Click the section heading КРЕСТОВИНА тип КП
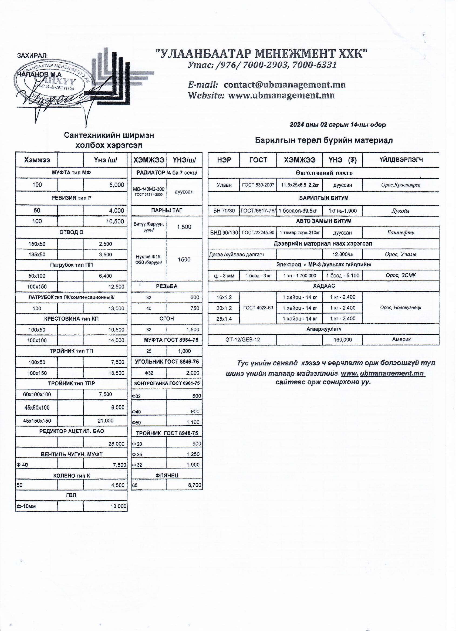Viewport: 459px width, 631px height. click(x=71, y=319)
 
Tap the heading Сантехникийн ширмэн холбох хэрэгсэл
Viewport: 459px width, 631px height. click(x=109, y=140)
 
